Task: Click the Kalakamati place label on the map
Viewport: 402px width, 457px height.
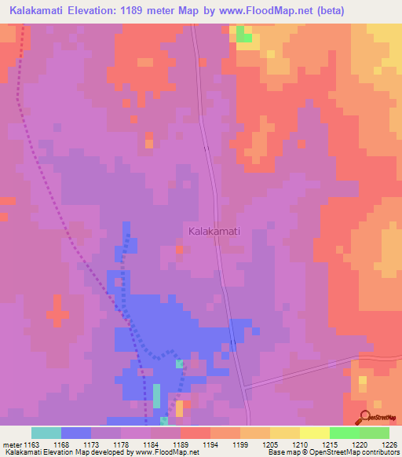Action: (x=214, y=231)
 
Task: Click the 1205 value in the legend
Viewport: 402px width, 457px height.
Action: (x=271, y=444)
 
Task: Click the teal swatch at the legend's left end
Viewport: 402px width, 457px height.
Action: (x=46, y=433)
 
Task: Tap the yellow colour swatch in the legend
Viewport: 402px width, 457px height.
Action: (x=314, y=433)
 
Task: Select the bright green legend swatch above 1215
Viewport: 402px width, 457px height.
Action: (x=344, y=433)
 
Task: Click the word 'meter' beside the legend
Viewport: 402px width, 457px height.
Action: (x=12, y=444)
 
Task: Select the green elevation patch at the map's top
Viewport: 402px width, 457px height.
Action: (x=245, y=35)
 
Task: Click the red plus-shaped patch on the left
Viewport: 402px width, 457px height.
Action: (x=57, y=312)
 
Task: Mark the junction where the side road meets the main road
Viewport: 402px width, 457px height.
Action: (x=246, y=386)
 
